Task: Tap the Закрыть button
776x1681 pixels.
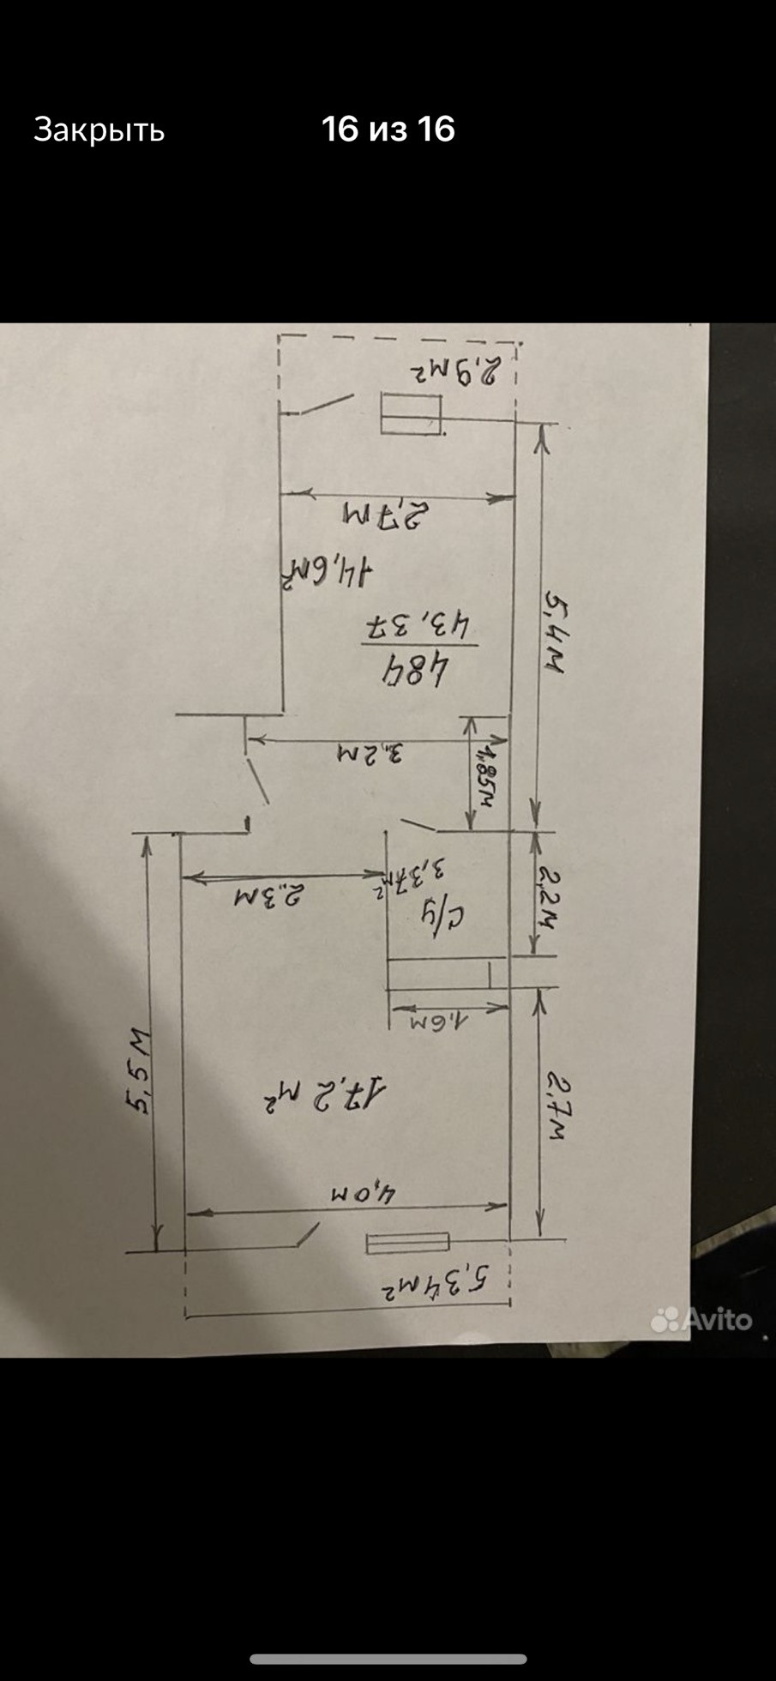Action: (x=99, y=130)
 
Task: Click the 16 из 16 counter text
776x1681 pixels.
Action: (x=388, y=129)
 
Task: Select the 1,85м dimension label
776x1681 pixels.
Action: (x=485, y=770)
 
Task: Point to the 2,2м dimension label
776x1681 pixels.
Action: (x=545, y=895)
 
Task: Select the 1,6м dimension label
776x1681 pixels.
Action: (x=437, y=1022)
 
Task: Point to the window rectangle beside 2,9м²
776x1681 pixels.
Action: (x=411, y=414)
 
